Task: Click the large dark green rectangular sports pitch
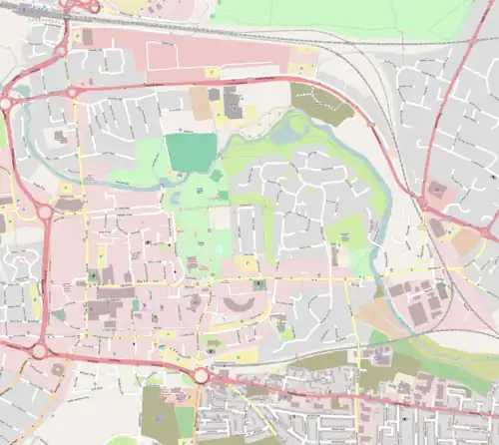(190, 153)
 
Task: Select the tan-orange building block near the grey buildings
(200, 102)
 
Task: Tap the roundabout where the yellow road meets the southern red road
(200, 375)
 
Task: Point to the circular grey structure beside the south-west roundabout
(56, 368)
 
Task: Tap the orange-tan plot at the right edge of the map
(465, 240)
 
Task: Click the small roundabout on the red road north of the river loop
(73, 93)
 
